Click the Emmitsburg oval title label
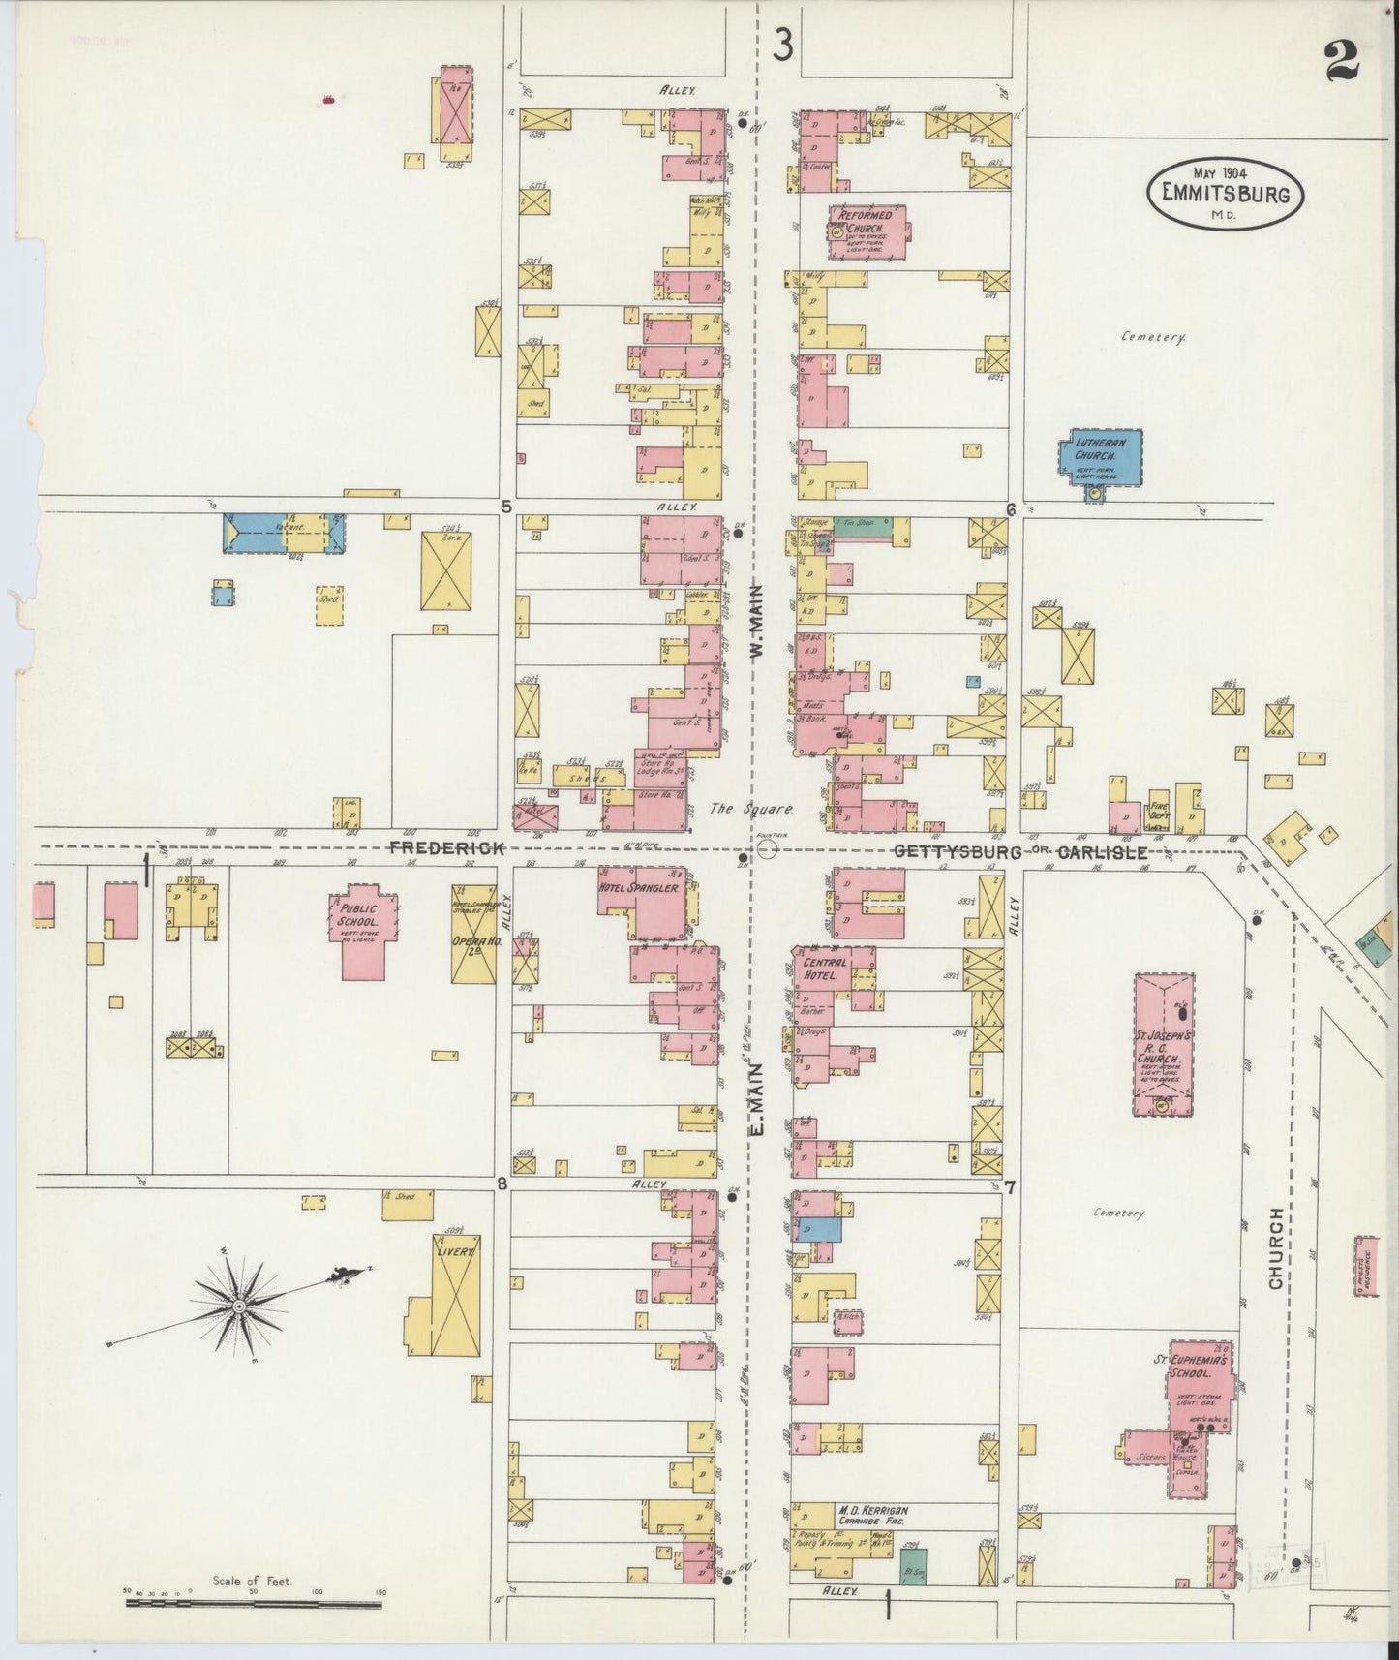[x=1226, y=194]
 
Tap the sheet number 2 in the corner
[x=1343, y=64]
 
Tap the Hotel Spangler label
[x=650, y=887]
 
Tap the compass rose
[x=238, y=1306]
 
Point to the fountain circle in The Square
[x=768, y=849]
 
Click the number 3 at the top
[x=783, y=45]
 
